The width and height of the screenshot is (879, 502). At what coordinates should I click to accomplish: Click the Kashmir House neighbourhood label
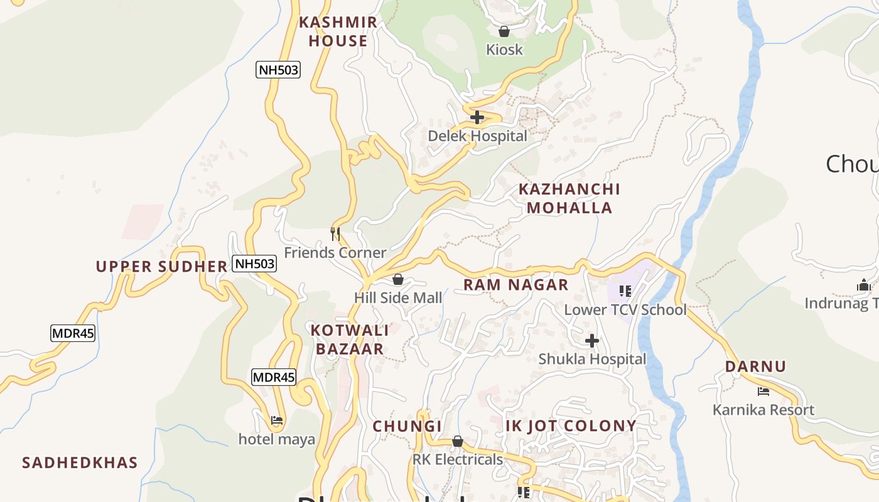click(338, 31)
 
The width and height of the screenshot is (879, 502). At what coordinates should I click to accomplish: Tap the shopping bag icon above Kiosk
click(504, 31)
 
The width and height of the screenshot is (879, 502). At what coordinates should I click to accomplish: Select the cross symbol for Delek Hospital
click(477, 117)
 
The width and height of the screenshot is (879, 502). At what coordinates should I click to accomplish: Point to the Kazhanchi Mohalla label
click(569, 198)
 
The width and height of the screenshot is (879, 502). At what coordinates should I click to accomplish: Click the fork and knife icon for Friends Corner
click(335, 234)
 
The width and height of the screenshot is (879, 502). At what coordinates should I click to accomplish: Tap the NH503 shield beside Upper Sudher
click(254, 264)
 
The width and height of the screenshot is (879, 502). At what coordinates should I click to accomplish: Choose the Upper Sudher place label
click(161, 266)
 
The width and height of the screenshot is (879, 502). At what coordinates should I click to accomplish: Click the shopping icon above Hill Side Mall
click(397, 279)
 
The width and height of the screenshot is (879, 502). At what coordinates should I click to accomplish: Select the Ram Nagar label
click(515, 285)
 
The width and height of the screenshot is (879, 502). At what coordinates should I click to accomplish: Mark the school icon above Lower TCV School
click(625, 291)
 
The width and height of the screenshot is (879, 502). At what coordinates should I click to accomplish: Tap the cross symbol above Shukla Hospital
click(591, 341)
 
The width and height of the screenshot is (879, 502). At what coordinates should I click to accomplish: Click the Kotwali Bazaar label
click(349, 339)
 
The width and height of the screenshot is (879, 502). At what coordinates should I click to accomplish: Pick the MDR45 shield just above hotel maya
click(273, 377)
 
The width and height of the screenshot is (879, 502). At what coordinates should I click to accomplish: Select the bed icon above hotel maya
click(276, 420)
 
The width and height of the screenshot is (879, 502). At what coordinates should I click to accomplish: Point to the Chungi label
click(407, 426)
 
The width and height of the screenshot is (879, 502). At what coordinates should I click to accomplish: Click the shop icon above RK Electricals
click(457, 441)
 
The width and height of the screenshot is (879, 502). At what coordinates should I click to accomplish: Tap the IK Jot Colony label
click(571, 426)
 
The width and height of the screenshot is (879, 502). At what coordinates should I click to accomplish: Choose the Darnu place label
click(755, 366)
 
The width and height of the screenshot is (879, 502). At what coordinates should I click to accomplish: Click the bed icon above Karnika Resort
click(763, 392)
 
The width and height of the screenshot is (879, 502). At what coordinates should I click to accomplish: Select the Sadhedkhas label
click(80, 463)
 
